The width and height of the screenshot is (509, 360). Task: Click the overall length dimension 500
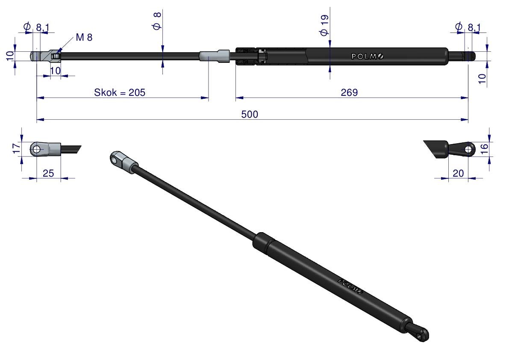click(250, 114)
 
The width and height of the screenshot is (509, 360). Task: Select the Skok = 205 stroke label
click(120, 92)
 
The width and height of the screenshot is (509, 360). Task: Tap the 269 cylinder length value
click(349, 92)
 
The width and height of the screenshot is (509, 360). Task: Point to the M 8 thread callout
click(84, 37)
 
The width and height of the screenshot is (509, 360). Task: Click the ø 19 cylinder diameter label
click(324, 25)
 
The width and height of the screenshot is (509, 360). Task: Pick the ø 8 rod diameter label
click(157, 21)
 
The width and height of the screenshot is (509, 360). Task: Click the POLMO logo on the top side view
click(368, 56)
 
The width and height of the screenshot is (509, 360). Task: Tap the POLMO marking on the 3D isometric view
click(350, 286)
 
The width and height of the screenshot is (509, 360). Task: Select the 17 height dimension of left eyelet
click(16, 149)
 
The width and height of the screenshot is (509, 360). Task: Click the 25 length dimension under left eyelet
click(48, 173)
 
